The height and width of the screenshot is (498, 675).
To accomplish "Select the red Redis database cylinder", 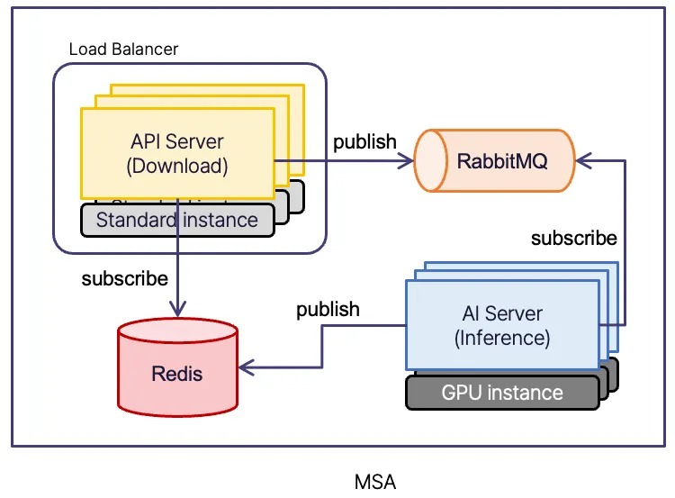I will [x=177, y=372].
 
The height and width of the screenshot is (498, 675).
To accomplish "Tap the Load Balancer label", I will [x=123, y=49].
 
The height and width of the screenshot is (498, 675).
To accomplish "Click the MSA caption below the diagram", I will [x=375, y=481].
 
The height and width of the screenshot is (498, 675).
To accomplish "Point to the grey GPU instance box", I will [x=502, y=393].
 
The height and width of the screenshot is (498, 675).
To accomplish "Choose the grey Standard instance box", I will [x=176, y=220].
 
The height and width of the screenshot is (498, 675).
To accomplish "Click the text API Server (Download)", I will [x=177, y=153].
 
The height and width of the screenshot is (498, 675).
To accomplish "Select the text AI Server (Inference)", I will [x=501, y=325].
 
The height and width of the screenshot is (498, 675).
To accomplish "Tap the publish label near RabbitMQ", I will [x=364, y=141].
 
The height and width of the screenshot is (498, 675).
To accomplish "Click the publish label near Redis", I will [x=328, y=309].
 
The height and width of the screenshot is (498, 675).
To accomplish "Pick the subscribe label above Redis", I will [x=124, y=278].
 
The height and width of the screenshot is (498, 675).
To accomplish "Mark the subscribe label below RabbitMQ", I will [x=573, y=238].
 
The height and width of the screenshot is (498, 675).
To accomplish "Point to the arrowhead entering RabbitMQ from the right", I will [x=581, y=161].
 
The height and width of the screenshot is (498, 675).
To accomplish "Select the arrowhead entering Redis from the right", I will [x=245, y=367].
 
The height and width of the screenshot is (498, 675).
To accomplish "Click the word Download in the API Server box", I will [x=177, y=166].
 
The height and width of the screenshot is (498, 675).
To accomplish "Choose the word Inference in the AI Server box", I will [x=501, y=338].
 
